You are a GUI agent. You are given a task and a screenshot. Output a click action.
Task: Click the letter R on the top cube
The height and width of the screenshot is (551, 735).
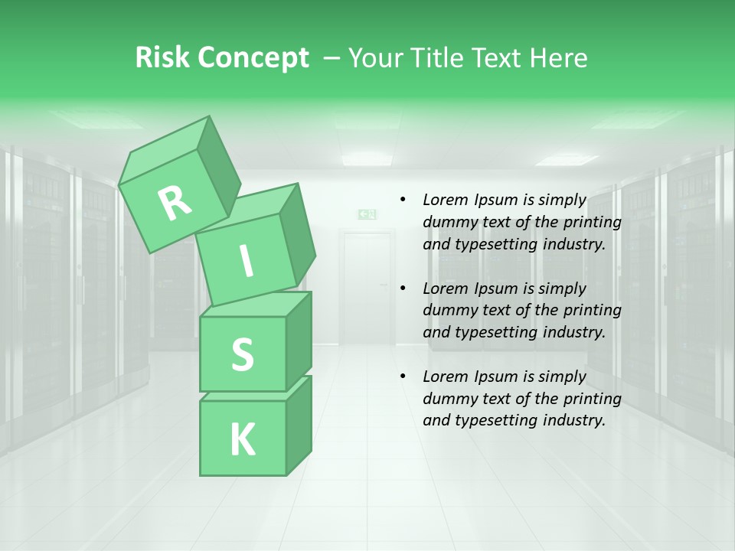point(175,203)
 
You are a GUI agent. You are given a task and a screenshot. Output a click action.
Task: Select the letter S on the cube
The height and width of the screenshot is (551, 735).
point(242,354)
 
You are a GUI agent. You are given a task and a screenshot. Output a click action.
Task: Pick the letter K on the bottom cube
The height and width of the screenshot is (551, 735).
point(242,440)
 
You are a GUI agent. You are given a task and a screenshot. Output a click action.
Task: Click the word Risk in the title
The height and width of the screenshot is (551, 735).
point(162,58)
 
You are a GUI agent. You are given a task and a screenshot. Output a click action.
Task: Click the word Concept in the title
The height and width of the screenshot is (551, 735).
point(253,58)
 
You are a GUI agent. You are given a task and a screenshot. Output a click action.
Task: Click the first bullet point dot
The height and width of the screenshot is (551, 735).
point(403,201)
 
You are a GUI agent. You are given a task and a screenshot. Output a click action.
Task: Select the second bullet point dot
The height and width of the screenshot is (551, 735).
point(403,289)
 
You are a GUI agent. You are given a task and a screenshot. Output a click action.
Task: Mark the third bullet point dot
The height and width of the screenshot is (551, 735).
point(403,377)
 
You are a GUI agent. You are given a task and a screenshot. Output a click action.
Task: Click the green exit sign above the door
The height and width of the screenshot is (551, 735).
point(367,214)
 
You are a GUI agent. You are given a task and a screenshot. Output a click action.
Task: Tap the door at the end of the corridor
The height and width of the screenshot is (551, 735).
point(366,287)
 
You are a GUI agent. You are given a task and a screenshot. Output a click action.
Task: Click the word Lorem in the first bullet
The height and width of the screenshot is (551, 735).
point(445,201)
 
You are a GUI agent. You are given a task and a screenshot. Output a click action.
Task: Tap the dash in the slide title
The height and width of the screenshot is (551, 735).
point(332,58)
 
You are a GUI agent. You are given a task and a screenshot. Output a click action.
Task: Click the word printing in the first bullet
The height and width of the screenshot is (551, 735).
point(593,223)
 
